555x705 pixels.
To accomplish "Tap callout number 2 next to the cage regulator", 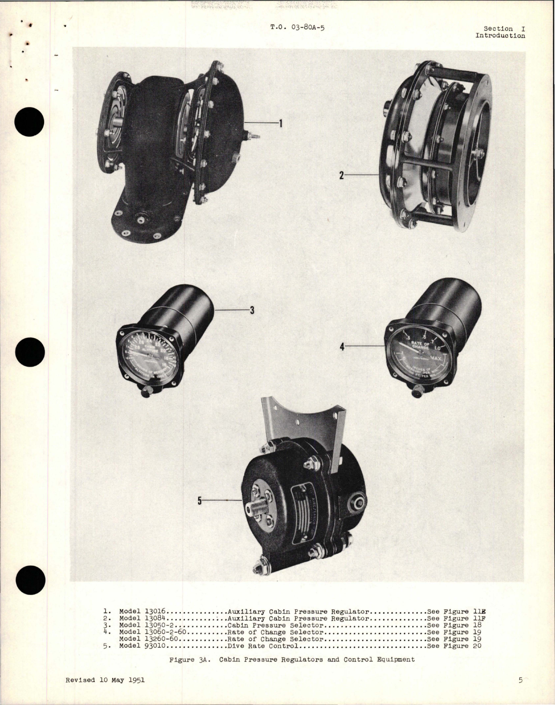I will (341, 175).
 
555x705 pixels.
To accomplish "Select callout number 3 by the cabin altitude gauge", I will (252, 310).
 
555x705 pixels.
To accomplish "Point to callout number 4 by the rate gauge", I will (342, 347).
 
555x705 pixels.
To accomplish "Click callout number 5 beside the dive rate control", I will (199, 501).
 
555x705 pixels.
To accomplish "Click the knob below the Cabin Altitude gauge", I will (145, 391).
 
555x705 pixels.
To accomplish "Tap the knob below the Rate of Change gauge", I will (417, 390).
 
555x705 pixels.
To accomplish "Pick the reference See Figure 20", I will (454, 646).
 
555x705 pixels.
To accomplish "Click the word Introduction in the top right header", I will (500, 36).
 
